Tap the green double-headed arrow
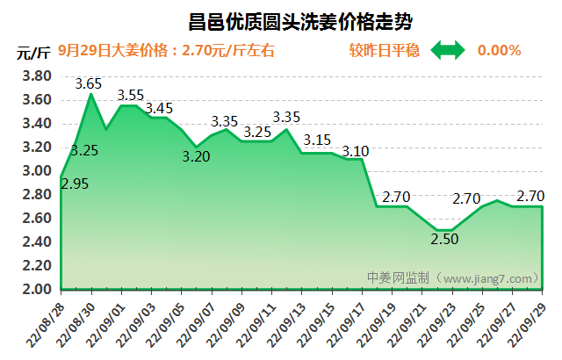448,50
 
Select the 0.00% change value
499,50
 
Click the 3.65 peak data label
89,84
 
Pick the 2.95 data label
75,184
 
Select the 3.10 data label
354,151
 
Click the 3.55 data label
132,96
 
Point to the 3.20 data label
197,157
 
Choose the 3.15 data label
317,140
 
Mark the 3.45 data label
159,109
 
